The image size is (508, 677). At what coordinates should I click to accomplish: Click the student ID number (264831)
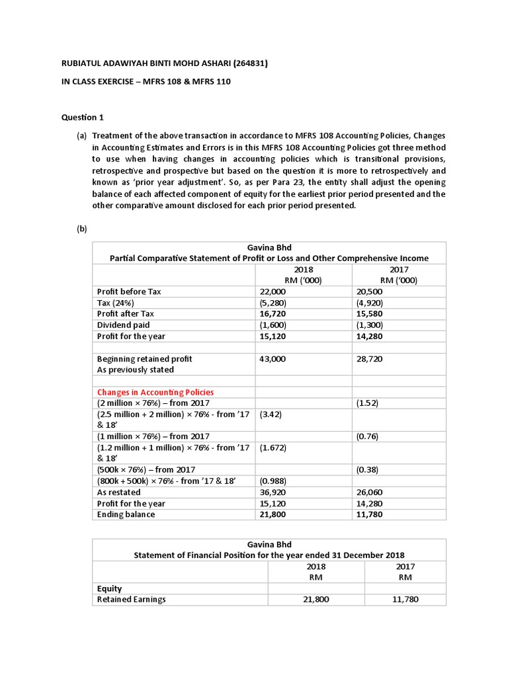point(245,63)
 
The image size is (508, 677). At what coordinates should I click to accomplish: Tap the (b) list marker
point(82,229)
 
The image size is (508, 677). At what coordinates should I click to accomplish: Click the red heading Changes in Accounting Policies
point(155,392)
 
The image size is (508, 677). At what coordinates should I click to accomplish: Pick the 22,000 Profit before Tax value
point(273,292)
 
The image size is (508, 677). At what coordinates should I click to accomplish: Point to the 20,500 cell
point(369,292)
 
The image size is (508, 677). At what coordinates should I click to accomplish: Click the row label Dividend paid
point(124,325)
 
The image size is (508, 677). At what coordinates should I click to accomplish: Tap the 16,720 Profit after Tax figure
point(273,314)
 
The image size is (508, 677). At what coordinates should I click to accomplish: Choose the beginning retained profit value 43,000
point(273,359)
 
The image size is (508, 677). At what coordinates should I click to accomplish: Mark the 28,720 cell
point(369,359)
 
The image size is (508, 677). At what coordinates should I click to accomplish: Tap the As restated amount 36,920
point(273,493)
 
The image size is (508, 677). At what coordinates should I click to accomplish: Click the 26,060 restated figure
point(369,493)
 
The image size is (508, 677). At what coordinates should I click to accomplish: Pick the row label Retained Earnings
point(131,600)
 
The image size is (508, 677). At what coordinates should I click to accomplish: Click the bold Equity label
point(109,588)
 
